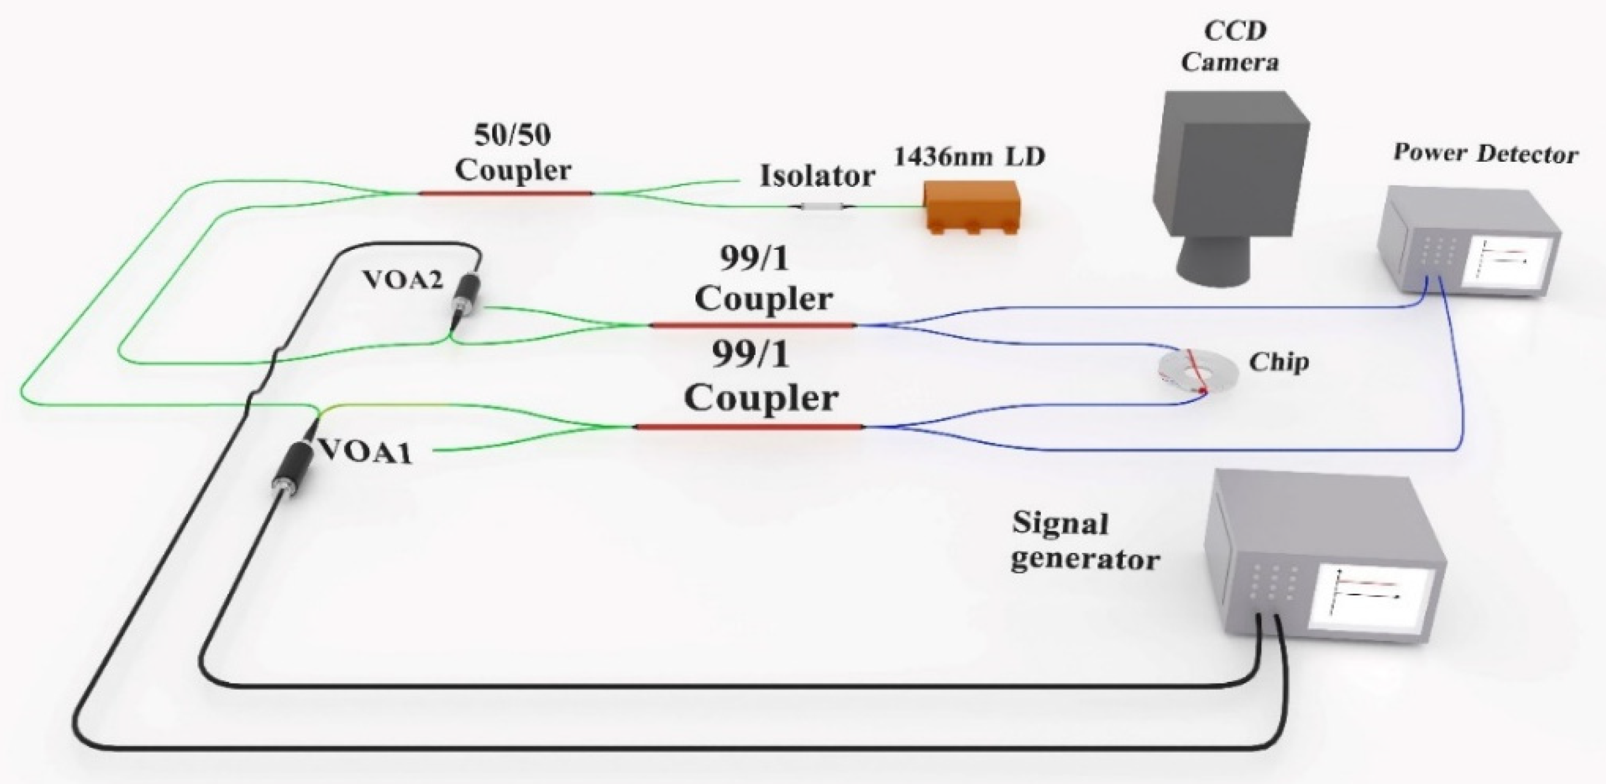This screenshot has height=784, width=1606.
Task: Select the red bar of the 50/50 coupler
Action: [505, 193]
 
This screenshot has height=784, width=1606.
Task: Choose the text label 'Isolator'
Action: [816, 176]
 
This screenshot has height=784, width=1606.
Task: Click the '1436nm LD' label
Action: [969, 157]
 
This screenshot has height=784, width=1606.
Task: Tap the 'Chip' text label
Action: [1278, 362]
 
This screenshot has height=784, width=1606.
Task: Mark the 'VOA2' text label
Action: [403, 280]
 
